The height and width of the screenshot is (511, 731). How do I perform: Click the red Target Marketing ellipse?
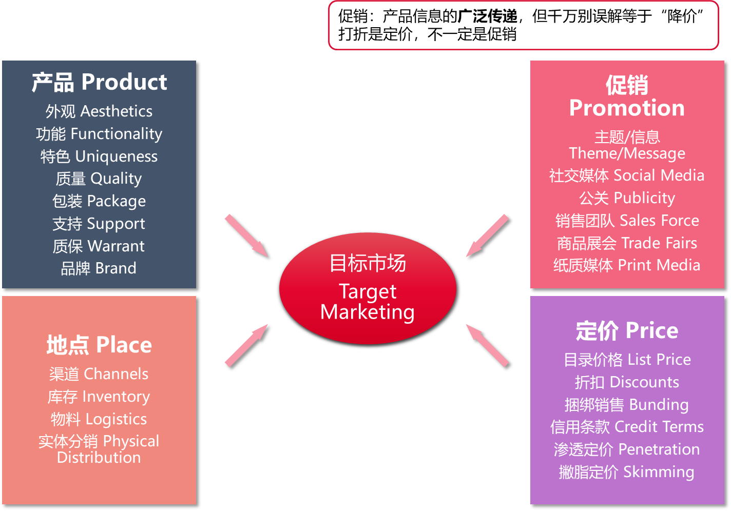point(368,288)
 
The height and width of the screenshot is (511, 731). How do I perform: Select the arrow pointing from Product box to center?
point(246,235)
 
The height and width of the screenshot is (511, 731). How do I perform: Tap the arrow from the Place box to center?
point(246,345)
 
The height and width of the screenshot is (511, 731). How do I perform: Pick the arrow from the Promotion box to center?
point(487,235)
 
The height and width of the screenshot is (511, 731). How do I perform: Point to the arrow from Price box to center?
point(487,345)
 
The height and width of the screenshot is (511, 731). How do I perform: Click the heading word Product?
point(124,82)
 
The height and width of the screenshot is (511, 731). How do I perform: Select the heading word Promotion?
point(627,108)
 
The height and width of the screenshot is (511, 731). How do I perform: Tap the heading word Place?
point(124,345)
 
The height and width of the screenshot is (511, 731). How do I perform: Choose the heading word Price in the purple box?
point(652,331)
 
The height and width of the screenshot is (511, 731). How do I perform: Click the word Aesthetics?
point(117,111)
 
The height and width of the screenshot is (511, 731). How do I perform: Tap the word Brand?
point(116,268)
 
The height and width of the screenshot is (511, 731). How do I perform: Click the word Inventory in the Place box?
point(117,397)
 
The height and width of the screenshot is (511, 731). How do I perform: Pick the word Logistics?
point(117,419)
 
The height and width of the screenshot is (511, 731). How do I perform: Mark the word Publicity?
point(644,198)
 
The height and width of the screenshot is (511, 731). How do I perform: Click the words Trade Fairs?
point(660,243)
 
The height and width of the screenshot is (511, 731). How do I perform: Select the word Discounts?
point(645,382)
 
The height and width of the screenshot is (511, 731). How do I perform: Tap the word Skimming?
point(659,472)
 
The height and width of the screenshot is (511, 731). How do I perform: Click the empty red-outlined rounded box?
point(524,25)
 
